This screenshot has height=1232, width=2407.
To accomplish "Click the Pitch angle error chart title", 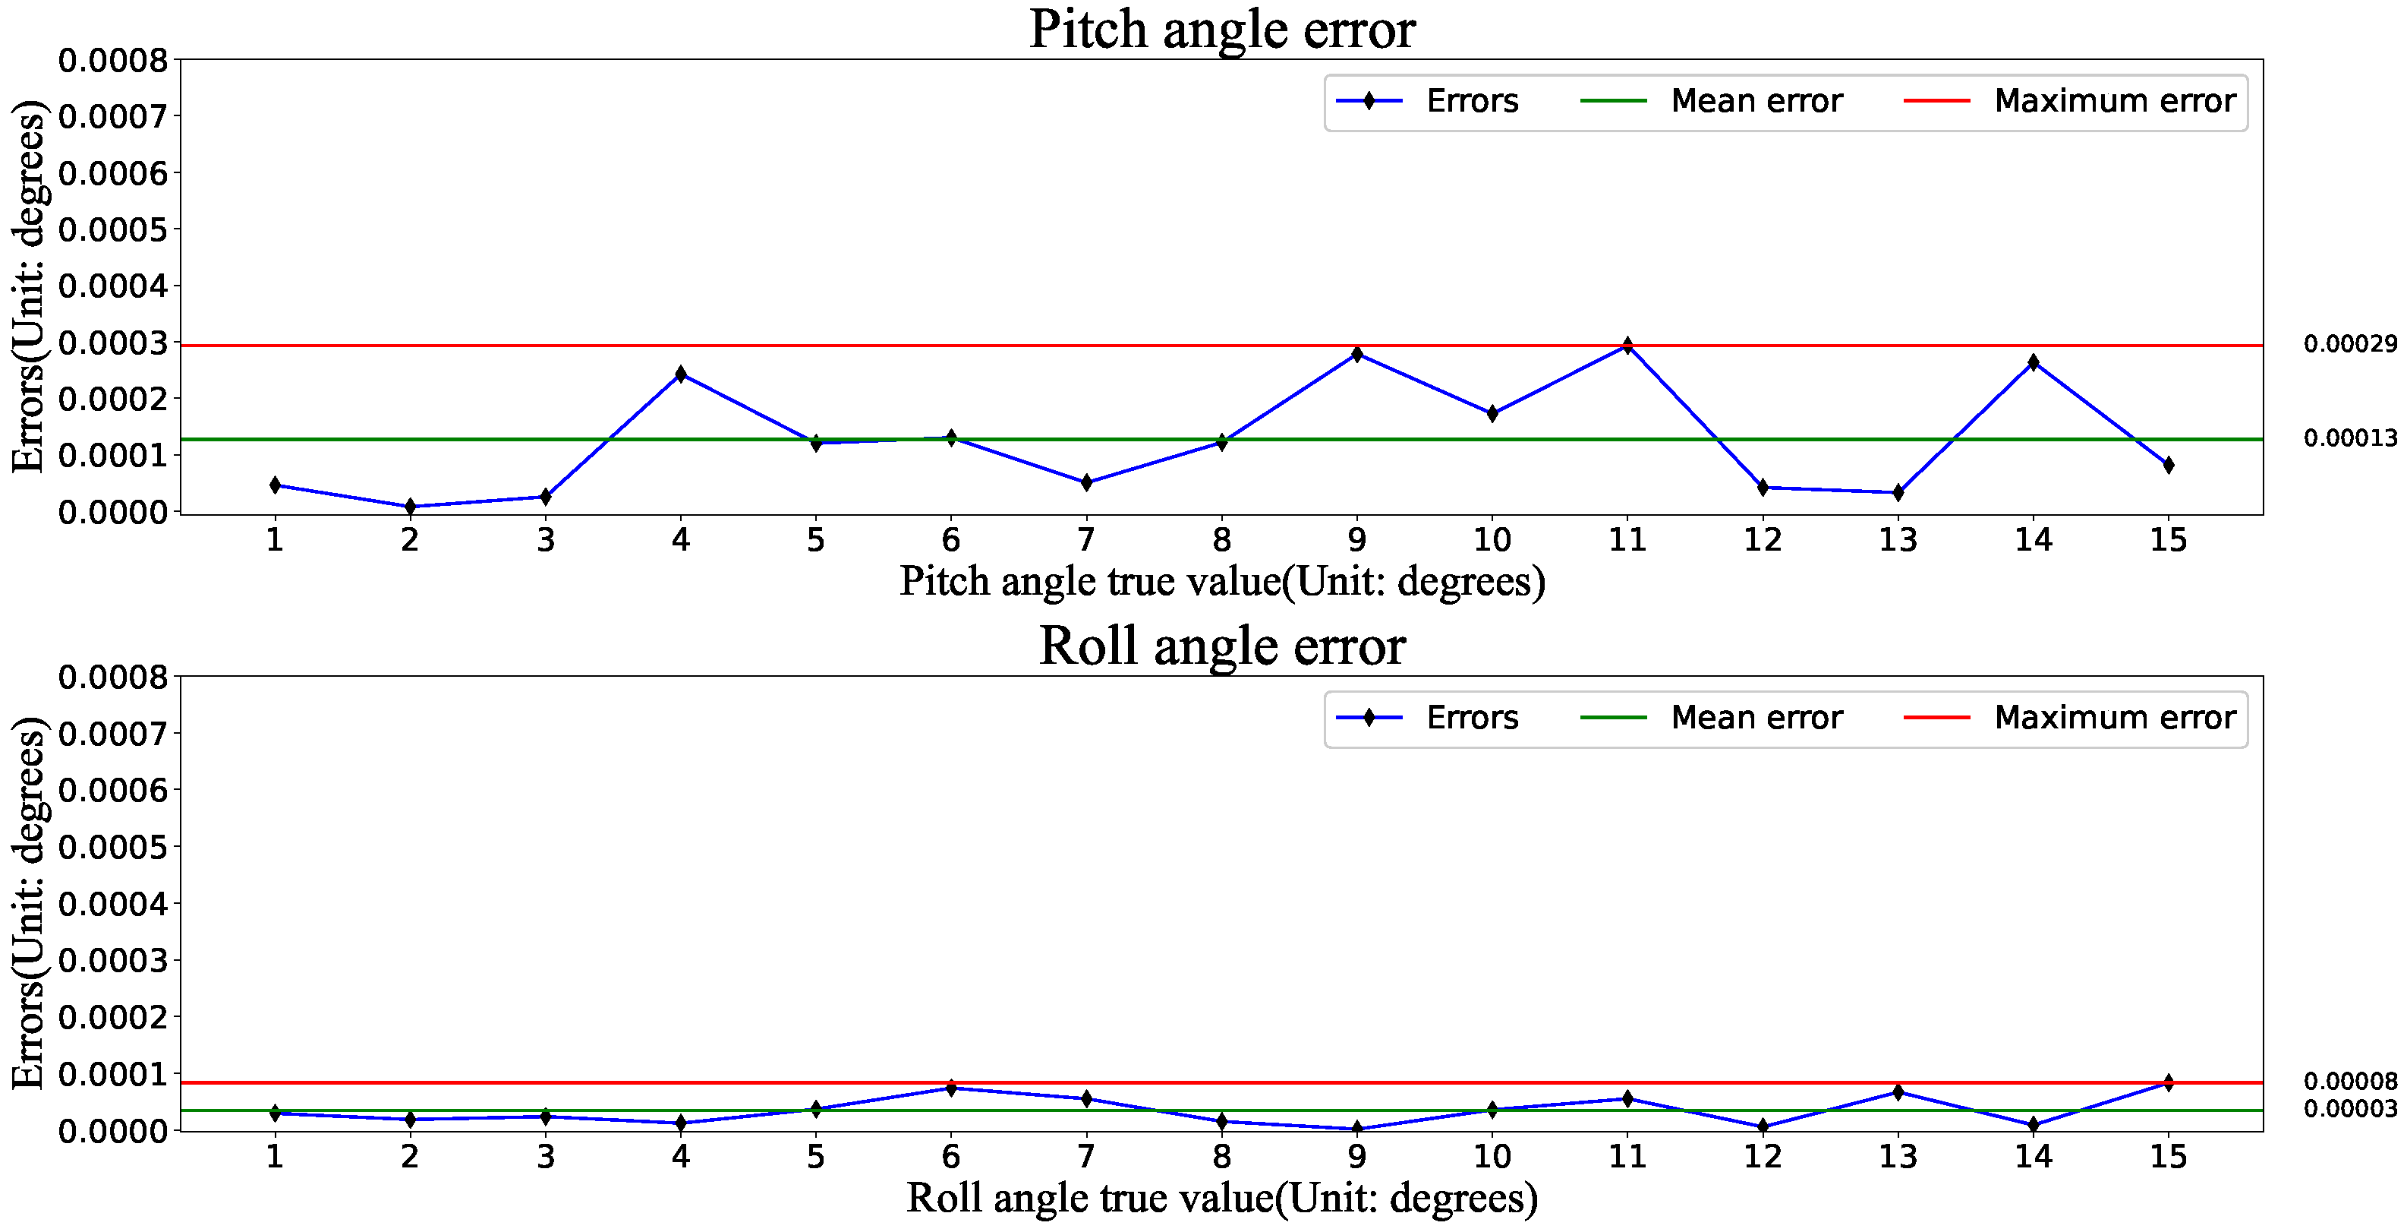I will [x=1221, y=29].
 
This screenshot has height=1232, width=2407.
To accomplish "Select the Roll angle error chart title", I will [x=1221, y=646].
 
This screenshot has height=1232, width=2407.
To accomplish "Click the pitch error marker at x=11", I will [x=1627, y=346].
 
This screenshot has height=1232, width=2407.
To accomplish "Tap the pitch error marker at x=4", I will [x=680, y=374].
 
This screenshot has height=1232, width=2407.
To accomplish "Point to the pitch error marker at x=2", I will [x=409, y=507].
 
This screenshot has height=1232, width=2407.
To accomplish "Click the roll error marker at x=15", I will [x=2168, y=1082].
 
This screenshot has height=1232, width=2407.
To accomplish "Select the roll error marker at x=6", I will [x=950, y=1088].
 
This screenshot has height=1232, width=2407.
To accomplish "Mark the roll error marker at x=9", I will [x=1356, y=1128].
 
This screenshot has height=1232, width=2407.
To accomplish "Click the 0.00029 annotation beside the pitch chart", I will [x=2349, y=344].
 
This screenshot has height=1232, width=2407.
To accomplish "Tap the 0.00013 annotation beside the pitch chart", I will [x=2349, y=438].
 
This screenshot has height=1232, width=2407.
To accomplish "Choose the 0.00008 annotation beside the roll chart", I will [x=2349, y=1082].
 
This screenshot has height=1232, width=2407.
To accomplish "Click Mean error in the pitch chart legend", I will [x=1755, y=101].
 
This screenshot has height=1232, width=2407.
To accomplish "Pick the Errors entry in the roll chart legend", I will [x=1471, y=718].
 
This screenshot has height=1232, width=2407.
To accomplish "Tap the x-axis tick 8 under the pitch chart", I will [x=1221, y=540].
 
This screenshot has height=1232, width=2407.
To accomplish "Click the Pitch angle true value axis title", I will [x=1221, y=581].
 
